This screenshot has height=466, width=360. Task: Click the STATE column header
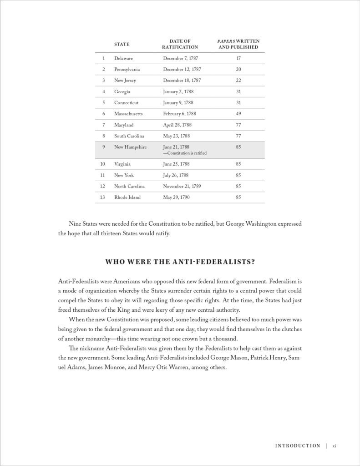pyautogui.click(x=122, y=44)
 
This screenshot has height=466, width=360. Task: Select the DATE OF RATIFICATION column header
pyautogui.click(x=180, y=44)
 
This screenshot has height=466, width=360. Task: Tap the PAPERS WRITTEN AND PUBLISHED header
pyautogui.click(x=238, y=44)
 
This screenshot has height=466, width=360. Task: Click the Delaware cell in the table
pyautogui.click(x=123, y=58)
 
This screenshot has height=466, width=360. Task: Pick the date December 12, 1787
pyautogui.click(x=182, y=69)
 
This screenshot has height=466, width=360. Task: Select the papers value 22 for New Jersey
pyautogui.click(x=238, y=81)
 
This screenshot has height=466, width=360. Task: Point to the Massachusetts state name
pyautogui.click(x=128, y=114)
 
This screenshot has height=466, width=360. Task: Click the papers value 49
pyautogui.click(x=238, y=114)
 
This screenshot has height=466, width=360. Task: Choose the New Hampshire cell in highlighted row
pyautogui.click(x=130, y=147)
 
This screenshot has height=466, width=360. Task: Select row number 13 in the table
pyautogui.click(x=103, y=197)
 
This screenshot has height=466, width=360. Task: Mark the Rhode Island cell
pyautogui.click(x=127, y=197)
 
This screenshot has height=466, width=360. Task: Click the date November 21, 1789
pyautogui.click(x=183, y=186)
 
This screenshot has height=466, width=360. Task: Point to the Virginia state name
pyautogui.click(x=122, y=164)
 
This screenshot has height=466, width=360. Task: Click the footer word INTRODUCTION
pyautogui.click(x=297, y=446)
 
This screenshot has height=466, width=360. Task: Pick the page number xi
pyautogui.click(x=334, y=446)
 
